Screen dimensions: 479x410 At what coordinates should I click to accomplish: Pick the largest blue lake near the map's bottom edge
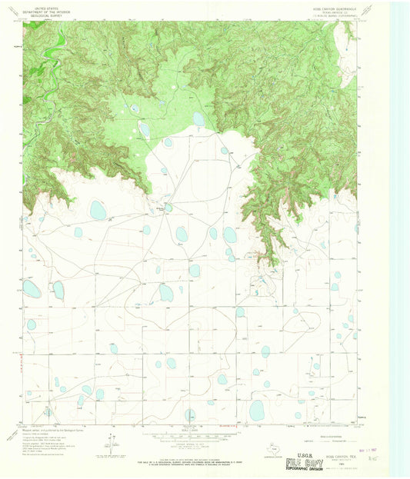pos(256,410)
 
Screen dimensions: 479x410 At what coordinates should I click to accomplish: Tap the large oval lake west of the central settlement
pos(98,210)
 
